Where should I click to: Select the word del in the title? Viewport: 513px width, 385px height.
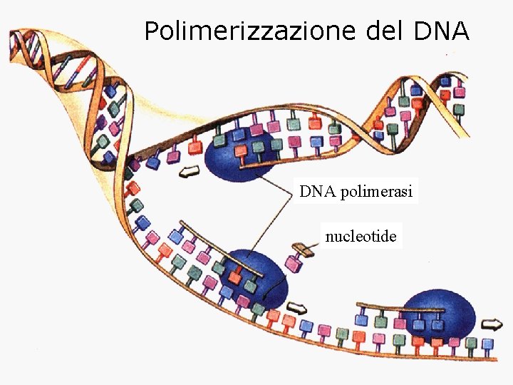coord(385,31)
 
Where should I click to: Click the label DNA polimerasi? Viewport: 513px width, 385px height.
coord(356,192)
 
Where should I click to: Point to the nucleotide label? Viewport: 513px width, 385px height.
coord(361,235)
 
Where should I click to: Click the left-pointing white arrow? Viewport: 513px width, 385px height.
coord(189,171)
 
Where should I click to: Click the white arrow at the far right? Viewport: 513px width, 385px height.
coord(492,325)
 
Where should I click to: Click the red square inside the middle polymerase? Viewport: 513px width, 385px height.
coord(234,274)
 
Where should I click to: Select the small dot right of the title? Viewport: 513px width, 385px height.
coord(447,55)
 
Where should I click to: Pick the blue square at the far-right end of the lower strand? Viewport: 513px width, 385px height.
coord(487,344)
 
